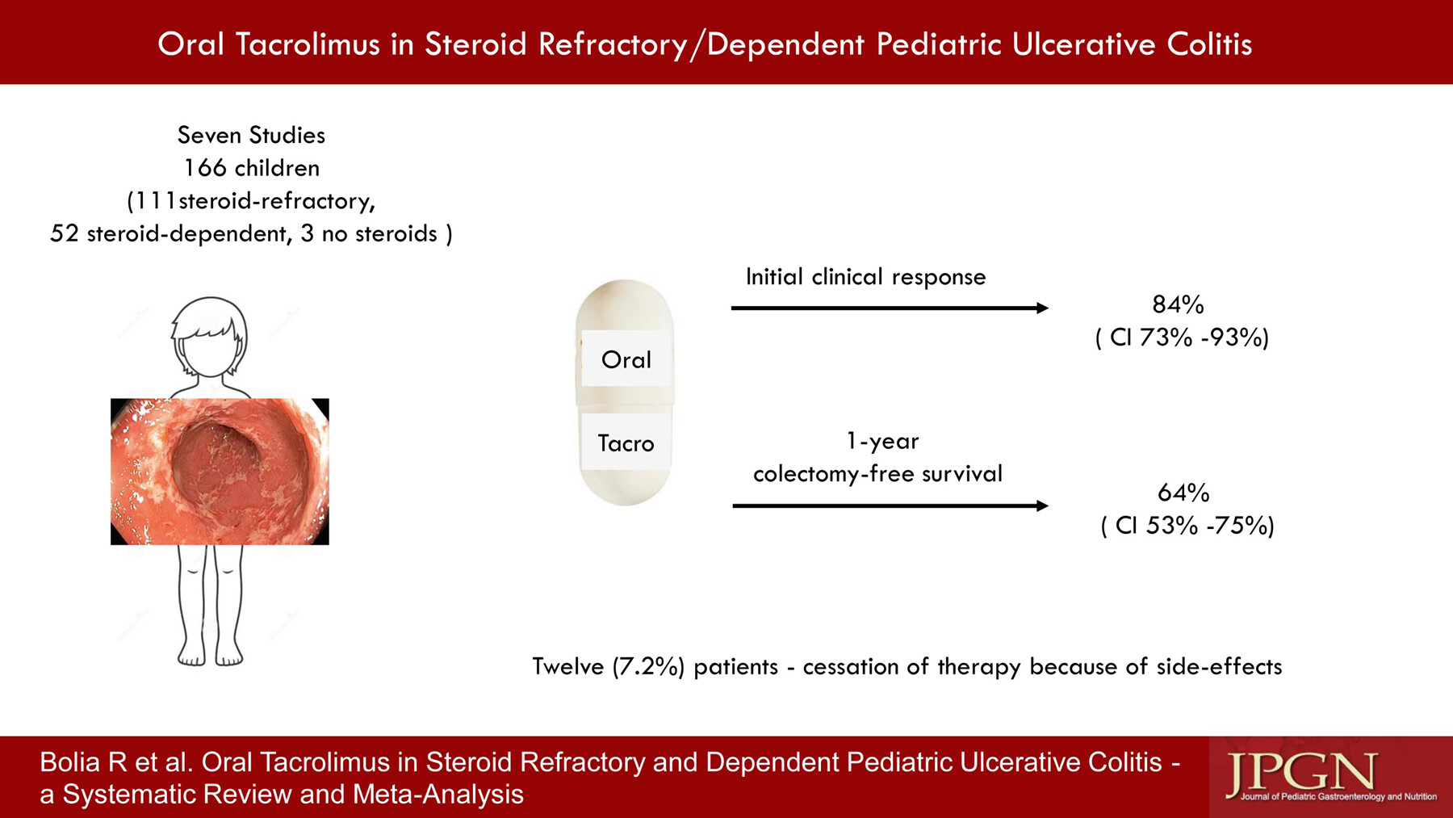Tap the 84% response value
coord(1179,304)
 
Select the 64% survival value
coord(1183,493)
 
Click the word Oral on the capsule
coord(626,359)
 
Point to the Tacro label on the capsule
coord(626,443)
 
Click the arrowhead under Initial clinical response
coord(1042,308)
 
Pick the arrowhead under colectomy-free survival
coord(1042,505)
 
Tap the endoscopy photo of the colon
coord(220,472)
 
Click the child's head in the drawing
coord(209,337)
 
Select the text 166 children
coord(252,168)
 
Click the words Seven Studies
coord(251,135)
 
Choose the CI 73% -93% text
coord(1183,338)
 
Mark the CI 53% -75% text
coord(1187,526)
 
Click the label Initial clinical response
coord(865,277)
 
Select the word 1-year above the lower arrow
coord(882,441)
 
